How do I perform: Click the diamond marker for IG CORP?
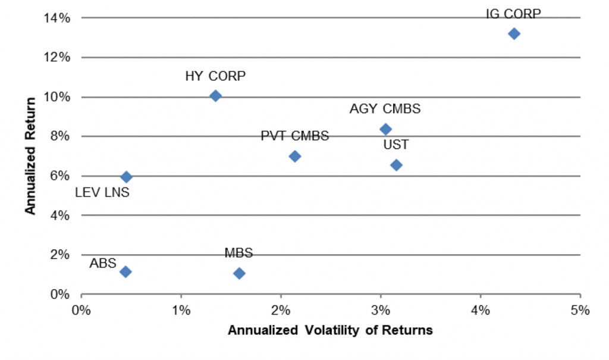[514, 33]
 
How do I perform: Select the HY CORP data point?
[215, 96]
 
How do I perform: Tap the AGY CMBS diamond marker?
[385, 129]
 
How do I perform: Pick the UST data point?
[396, 165]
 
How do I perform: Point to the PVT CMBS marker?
[294, 156]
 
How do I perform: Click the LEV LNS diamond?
[126, 177]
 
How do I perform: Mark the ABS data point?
[125, 271]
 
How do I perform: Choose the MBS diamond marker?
[239, 273]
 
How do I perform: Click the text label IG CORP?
[513, 14]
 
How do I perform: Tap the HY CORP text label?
[215, 76]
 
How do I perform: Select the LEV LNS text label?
[102, 192]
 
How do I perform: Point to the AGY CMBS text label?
[385, 109]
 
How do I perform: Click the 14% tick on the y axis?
[58, 18]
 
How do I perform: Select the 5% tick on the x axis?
[580, 310]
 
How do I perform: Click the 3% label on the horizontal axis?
[381, 310]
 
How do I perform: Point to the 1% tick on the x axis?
[181, 310]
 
